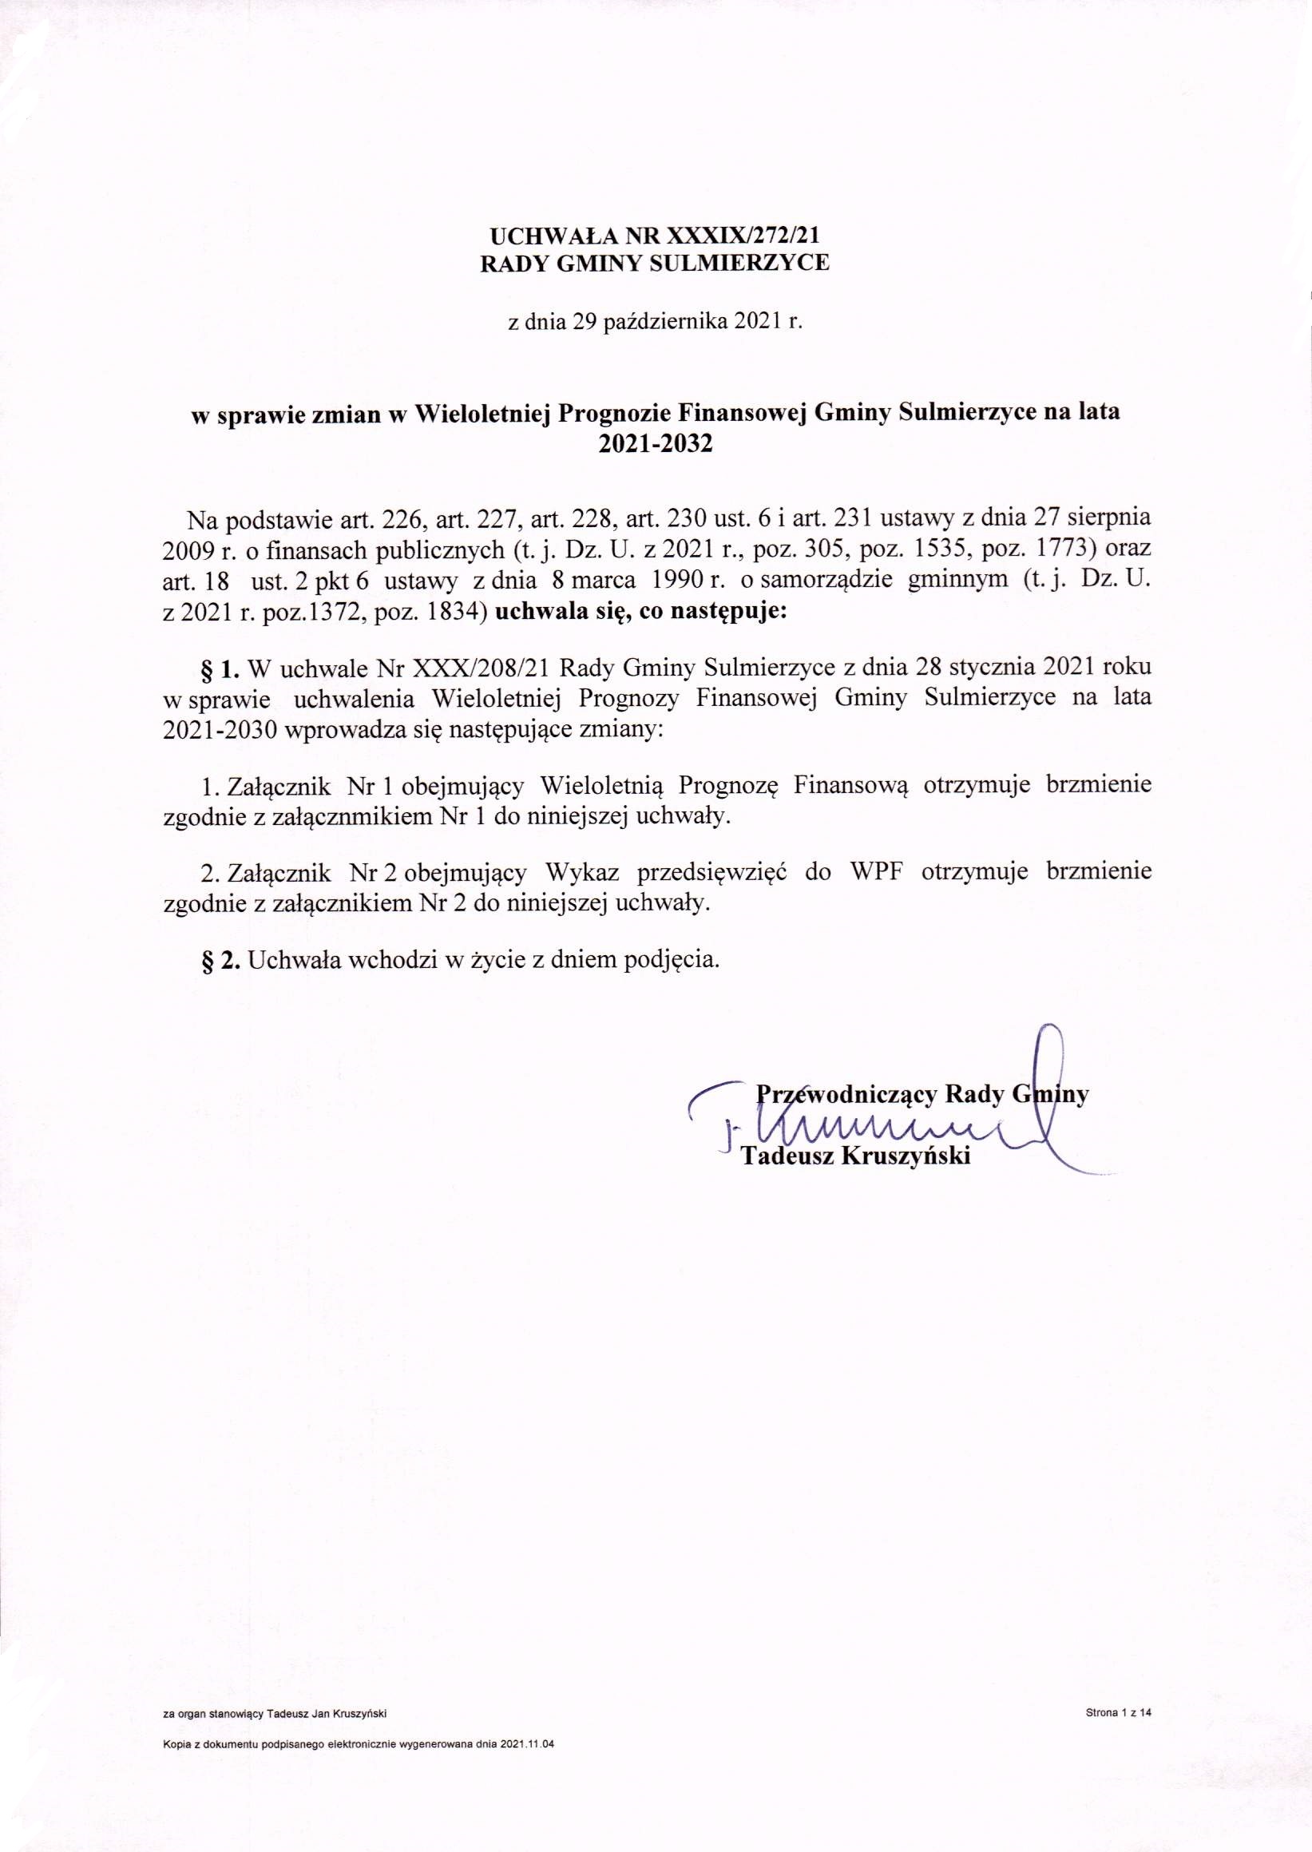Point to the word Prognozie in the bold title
pos(613,414)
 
